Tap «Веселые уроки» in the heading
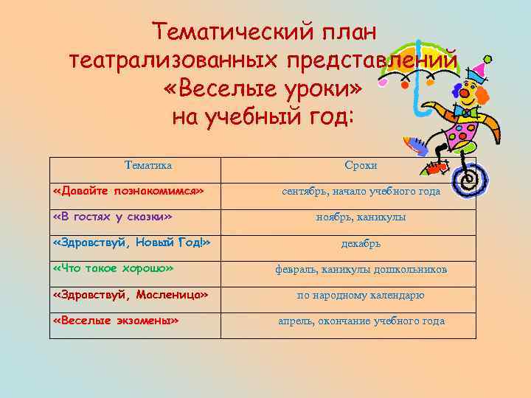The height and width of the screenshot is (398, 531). tap(265, 88)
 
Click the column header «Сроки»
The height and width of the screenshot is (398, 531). tap(361, 166)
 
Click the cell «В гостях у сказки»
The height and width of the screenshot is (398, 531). tap(113, 217)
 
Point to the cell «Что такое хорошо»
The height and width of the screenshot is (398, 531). tap(114, 268)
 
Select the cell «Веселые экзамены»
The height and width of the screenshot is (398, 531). tap(117, 321)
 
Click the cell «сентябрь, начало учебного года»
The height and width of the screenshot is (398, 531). tap(361, 192)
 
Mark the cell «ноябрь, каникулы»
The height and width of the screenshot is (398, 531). tap(361, 217)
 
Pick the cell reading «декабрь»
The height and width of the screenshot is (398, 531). tap(361, 243)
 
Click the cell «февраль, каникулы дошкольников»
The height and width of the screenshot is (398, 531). tap(361, 269)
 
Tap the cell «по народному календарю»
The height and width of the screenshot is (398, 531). tap(361, 296)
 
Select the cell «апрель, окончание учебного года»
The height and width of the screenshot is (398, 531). tap(361, 321)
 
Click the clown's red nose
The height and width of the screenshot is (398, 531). tap(461, 94)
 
